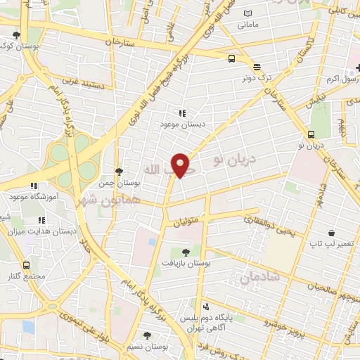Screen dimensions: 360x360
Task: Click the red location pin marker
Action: click(181, 165)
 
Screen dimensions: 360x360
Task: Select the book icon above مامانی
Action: click(247, 13)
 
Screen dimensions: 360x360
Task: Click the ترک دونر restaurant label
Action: click(257, 79)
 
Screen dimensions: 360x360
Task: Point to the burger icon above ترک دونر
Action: click(257, 67)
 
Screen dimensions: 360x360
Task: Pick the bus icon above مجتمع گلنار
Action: click(27, 265)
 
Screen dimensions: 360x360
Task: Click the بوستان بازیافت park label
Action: click(186, 263)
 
